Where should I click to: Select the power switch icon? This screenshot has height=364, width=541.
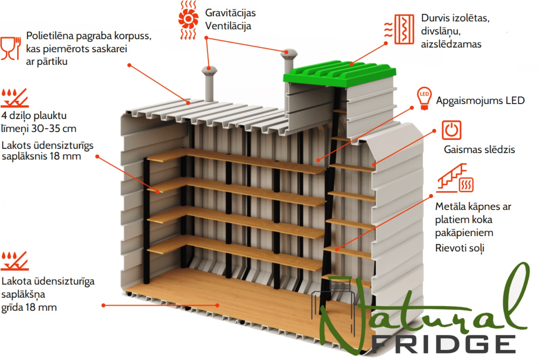pos(451,130)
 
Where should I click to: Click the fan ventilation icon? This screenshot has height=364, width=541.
pos(188,20)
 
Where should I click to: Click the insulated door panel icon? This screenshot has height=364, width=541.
pos(400,29)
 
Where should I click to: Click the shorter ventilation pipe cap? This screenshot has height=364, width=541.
pos(210,71)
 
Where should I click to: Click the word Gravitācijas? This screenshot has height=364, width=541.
pos(230,13)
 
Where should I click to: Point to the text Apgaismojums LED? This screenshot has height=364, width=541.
pos(480,101)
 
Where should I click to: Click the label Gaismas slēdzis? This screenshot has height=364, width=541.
pos(479,150)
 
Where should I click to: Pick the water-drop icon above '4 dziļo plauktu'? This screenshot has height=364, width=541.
pos(15,98)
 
